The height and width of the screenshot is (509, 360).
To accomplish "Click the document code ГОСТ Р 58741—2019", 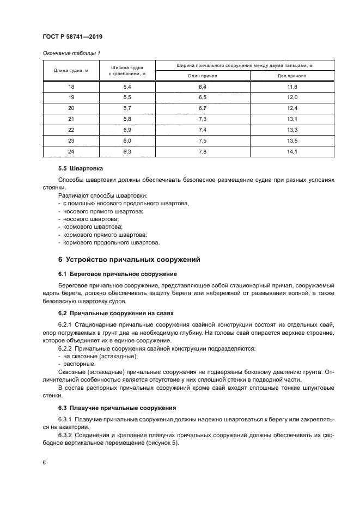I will tap(72, 36).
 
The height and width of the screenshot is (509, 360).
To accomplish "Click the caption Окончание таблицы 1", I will tap(71, 53).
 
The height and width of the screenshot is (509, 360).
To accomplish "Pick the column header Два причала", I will tap(292, 76).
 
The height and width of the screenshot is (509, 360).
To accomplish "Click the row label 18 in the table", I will tap(71, 87).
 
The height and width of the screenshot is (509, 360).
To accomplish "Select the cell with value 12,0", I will tap(292, 97).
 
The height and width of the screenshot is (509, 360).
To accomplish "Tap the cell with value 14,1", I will tap(292, 151).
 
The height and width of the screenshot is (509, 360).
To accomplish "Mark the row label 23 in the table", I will tap(71, 140).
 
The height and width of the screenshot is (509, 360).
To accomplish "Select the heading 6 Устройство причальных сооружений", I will tap(130, 259).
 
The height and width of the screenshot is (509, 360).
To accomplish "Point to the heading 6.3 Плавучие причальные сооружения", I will tap(117, 408).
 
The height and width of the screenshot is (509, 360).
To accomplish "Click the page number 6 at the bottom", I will tap(44, 462).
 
